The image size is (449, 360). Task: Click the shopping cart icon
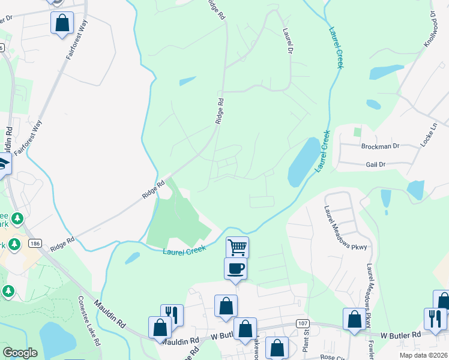pos(237,247)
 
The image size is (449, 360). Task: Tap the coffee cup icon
pos(235,268)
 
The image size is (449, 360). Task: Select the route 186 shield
pos(35,243)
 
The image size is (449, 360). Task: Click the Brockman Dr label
pos(381,146)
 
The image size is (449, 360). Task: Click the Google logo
pos(20,353)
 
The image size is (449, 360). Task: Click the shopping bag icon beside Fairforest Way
pos(62,23)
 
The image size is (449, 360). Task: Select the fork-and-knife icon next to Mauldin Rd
pos(172,314)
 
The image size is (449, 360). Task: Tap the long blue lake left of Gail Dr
pos(304,162)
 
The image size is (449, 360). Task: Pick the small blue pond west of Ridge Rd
pos(187,81)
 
